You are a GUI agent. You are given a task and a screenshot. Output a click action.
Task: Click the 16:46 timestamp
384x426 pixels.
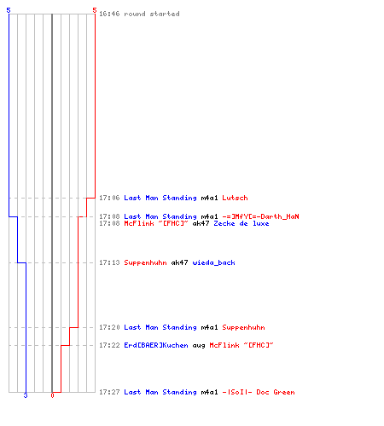click(x=109, y=14)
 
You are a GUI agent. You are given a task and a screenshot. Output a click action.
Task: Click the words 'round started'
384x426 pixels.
click(x=152, y=14)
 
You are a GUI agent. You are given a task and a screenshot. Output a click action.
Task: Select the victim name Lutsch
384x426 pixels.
click(x=235, y=198)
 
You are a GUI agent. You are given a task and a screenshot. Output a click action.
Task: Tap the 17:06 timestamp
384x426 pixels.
click(x=109, y=198)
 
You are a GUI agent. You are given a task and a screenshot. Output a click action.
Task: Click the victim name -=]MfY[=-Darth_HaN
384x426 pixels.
click(x=260, y=216)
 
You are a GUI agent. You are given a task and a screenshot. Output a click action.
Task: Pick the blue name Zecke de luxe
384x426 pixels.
click(x=241, y=223)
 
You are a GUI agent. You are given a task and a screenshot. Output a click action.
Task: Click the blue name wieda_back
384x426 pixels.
click(x=213, y=262)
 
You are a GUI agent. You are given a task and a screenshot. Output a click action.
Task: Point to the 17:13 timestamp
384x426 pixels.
click(x=109, y=262)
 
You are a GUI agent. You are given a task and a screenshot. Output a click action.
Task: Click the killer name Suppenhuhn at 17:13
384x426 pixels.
click(x=145, y=262)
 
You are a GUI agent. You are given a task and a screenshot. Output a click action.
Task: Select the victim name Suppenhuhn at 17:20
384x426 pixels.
click(x=243, y=327)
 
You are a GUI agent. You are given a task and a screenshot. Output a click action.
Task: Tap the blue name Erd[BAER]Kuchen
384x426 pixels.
click(x=156, y=345)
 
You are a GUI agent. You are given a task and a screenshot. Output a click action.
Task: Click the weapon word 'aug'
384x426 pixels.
click(x=199, y=346)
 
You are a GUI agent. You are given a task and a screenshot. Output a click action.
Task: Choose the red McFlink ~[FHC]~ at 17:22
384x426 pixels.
click(x=241, y=345)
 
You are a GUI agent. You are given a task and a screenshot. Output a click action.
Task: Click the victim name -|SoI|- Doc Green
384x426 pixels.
click(x=259, y=392)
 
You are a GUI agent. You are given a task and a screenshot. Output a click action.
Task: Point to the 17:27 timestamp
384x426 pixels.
click(x=109, y=392)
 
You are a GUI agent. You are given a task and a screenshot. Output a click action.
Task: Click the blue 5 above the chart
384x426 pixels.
click(x=9, y=10)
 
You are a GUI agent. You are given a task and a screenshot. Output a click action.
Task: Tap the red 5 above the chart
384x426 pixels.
click(x=95, y=10)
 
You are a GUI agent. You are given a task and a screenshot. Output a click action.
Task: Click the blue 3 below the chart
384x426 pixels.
click(x=26, y=395)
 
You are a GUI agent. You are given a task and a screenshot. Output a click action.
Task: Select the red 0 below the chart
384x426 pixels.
click(x=52, y=395)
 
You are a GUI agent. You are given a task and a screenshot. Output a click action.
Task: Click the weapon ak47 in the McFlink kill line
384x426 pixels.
click(x=201, y=223)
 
